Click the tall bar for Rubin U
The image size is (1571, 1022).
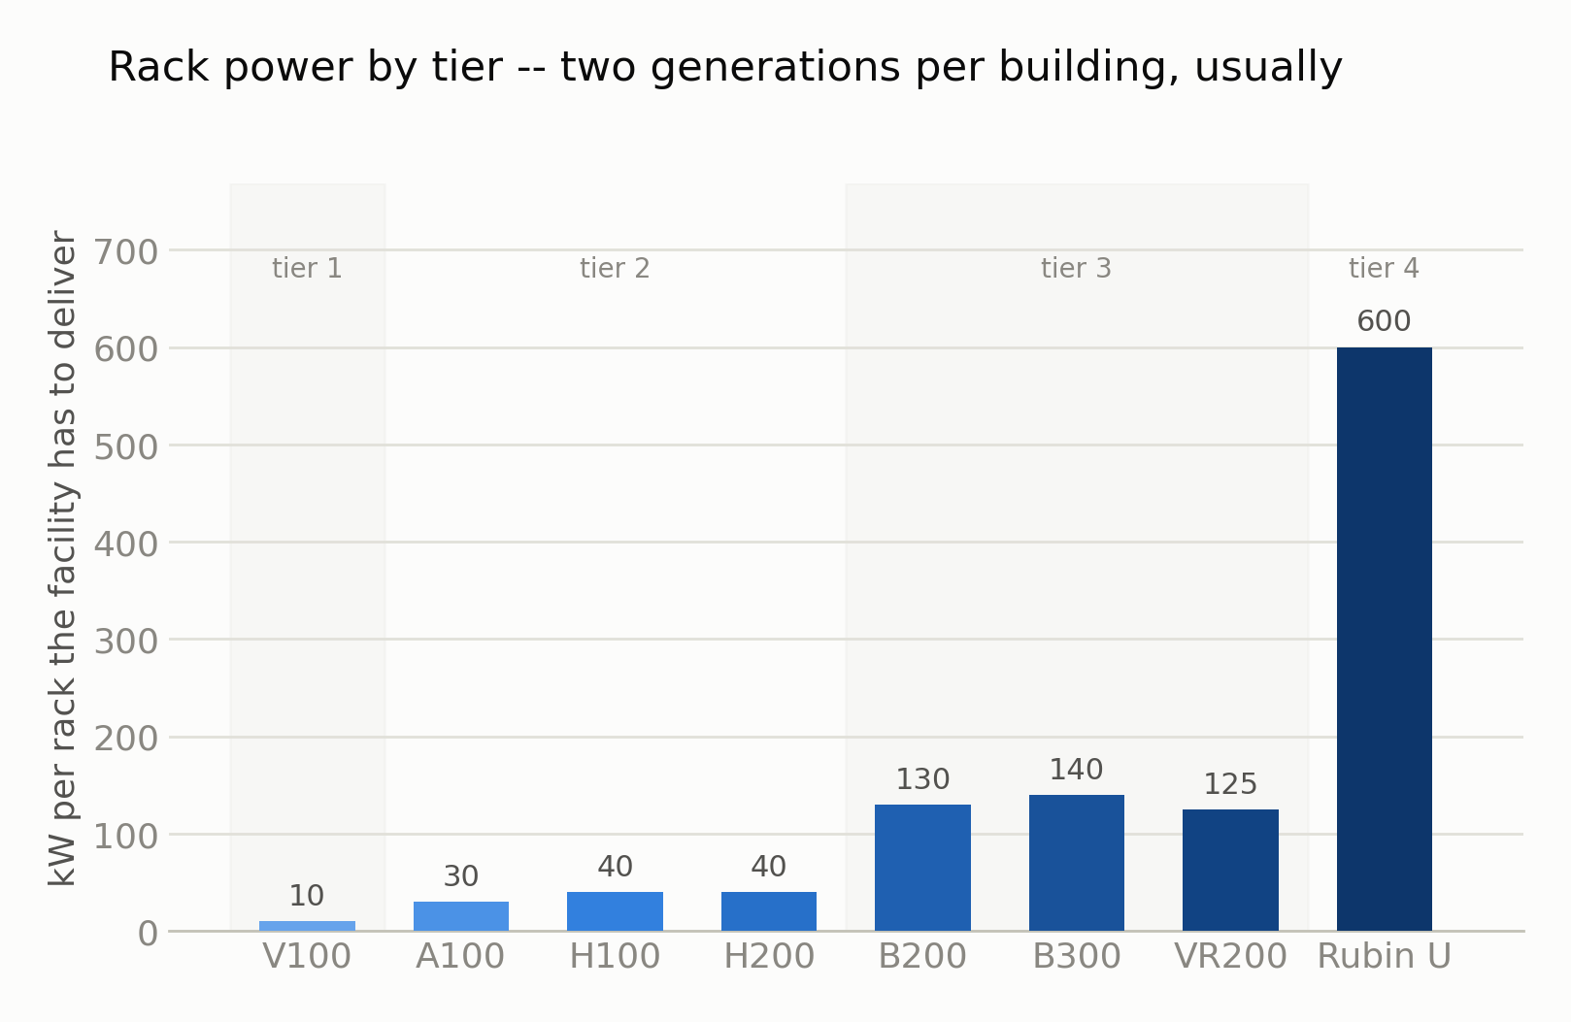coord(1384,640)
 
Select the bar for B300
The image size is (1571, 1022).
coord(1077,863)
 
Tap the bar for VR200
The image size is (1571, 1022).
coord(1230,871)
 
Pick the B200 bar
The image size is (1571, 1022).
coord(923,868)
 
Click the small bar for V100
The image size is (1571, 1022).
coord(307,926)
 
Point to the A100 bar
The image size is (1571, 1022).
coord(461,916)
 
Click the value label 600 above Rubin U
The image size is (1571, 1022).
coord(1384,321)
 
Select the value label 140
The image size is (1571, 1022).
coord(1077,770)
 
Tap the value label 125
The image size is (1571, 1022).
coord(1230,783)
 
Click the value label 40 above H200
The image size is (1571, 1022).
coord(769,867)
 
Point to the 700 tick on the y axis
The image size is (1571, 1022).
coord(126,251)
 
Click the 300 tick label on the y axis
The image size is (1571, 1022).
coord(126,642)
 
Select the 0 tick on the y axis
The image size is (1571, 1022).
coord(148,934)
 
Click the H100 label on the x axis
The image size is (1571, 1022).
coord(615,956)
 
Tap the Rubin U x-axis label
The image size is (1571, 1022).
coord(1384,956)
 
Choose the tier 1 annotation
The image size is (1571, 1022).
coord(307,269)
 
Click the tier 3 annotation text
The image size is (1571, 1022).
coord(1077,269)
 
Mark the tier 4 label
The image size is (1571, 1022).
coord(1384,269)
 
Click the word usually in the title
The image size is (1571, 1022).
coord(1268,68)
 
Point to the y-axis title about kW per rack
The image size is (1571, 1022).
coord(63,558)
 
